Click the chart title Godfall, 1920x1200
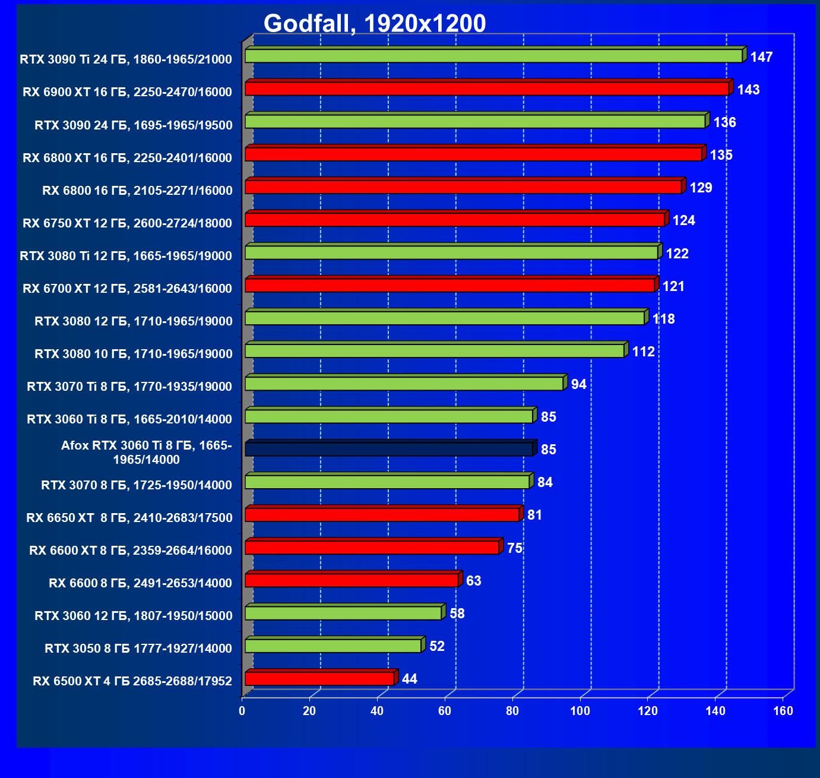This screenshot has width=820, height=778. [375, 24]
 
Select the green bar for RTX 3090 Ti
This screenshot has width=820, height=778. [493, 56]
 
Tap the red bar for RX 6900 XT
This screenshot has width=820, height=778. [487, 88]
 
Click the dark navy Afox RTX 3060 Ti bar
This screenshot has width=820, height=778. [389, 449]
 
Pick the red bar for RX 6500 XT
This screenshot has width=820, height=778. [319, 678]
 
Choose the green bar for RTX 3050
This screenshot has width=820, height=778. [333, 646]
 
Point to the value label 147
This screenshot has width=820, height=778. [761, 57]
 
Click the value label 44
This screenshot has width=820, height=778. [410, 679]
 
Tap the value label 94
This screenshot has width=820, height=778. [578, 384]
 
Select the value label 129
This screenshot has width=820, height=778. [701, 188]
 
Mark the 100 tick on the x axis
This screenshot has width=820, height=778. [580, 711]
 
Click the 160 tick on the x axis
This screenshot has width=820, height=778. [783, 711]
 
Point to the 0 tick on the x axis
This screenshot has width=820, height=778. [242, 711]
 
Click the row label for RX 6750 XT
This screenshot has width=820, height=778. [127, 223]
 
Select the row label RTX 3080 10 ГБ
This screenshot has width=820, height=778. [133, 354]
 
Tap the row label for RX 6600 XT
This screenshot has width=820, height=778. [131, 551]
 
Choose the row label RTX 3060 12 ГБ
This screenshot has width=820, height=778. [133, 616]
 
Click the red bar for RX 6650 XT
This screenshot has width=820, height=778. [382, 515]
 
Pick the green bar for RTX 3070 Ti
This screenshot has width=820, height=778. [404, 384]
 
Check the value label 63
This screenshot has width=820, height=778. [473, 581]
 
